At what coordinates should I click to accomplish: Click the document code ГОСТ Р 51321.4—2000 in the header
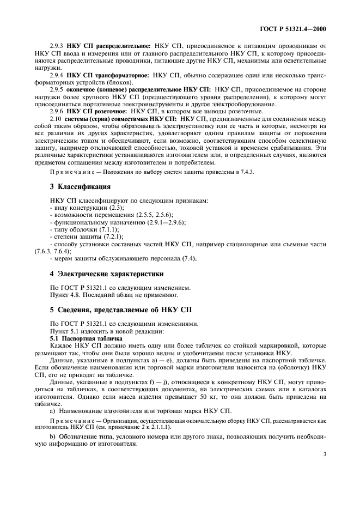[x=297, y=28]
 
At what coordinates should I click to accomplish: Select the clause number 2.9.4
[x=57, y=74]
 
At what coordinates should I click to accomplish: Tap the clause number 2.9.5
[x=57, y=88]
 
